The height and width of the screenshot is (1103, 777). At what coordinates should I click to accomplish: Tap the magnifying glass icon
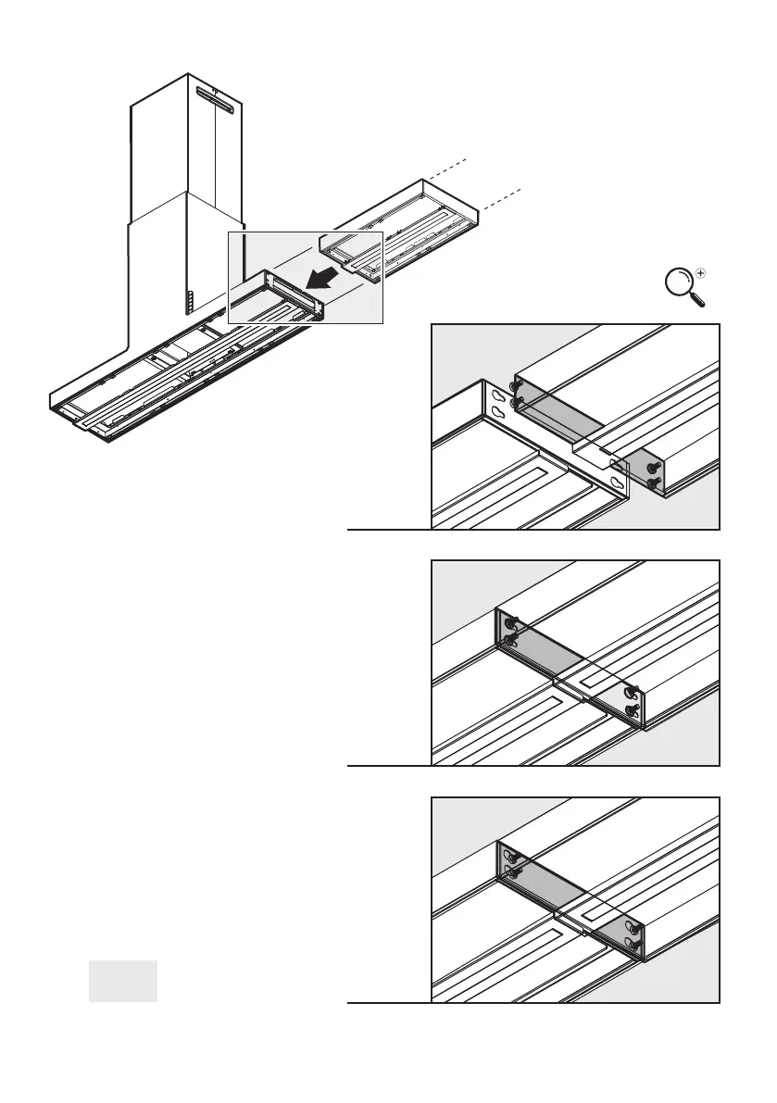pyautogui.click(x=683, y=285)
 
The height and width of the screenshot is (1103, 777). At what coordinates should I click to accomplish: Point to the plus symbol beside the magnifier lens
pyautogui.click(x=700, y=273)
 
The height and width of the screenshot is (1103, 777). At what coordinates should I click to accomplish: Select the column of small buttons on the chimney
pyautogui.click(x=185, y=302)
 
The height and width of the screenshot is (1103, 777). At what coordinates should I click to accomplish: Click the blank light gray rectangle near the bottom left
pyautogui.click(x=123, y=981)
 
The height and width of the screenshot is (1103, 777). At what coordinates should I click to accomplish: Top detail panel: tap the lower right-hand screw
pyautogui.click(x=655, y=483)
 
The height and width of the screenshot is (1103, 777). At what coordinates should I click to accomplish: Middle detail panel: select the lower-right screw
pyautogui.click(x=633, y=709)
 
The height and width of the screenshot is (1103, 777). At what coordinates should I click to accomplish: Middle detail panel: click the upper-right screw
pyautogui.click(x=632, y=691)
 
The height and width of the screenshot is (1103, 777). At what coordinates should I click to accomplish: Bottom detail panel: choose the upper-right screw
pyautogui.click(x=632, y=928)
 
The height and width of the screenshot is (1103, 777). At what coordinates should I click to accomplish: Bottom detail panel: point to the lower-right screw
pyautogui.click(x=632, y=946)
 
